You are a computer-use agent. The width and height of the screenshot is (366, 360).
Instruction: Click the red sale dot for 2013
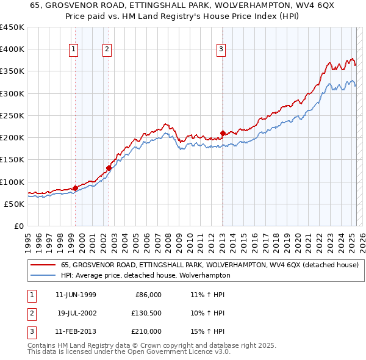[x=223, y=133]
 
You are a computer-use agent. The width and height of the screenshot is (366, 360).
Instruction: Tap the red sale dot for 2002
[x=109, y=168]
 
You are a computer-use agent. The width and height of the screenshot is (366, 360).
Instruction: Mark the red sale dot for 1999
[x=76, y=188]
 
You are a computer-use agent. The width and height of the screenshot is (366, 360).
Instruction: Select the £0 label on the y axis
[x=18, y=226]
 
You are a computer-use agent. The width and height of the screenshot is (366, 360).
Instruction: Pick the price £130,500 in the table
[x=146, y=313]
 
